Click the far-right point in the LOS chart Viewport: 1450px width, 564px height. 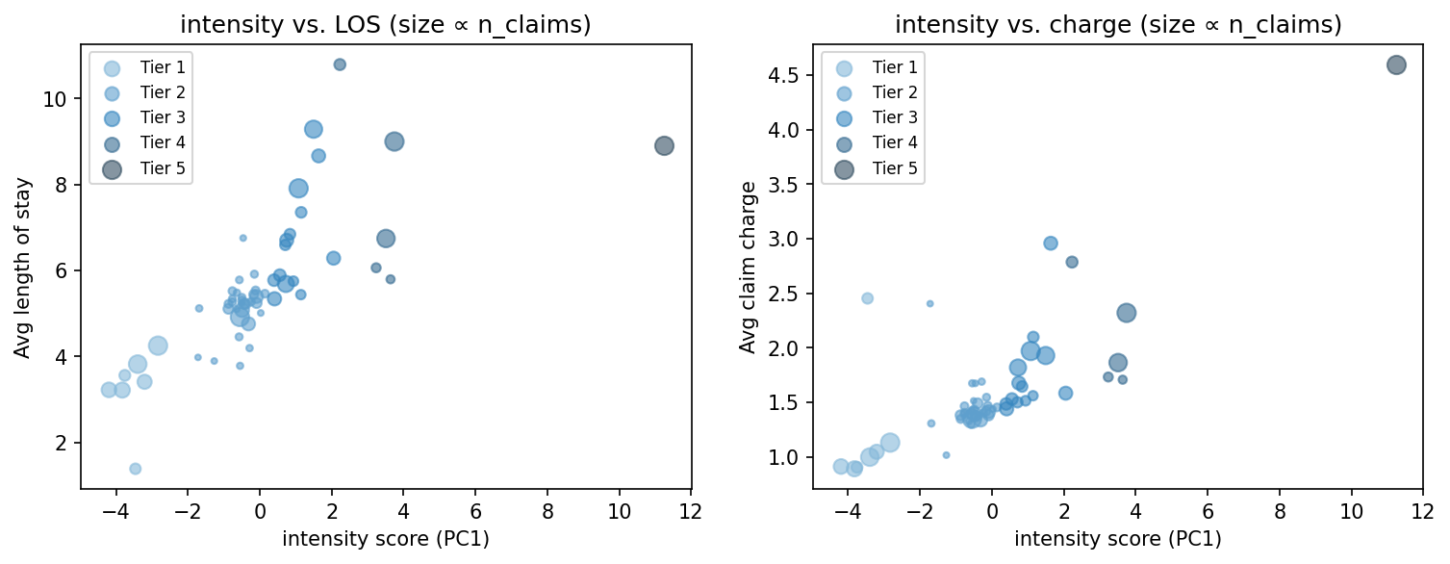[x=664, y=145]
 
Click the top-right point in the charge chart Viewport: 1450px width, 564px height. [x=1396, y=64]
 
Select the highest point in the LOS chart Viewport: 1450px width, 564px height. [x=340, y=64]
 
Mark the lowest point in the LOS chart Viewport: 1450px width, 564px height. [x=136, y=469]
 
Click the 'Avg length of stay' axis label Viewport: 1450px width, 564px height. [x=22, y=268]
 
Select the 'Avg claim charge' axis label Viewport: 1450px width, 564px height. [x=748, y=268]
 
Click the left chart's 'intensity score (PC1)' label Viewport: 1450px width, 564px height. [x=386, y=539]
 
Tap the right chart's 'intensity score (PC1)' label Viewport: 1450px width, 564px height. [x=1118, y=539]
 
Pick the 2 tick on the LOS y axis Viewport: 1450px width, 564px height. [x=65, y=443]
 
